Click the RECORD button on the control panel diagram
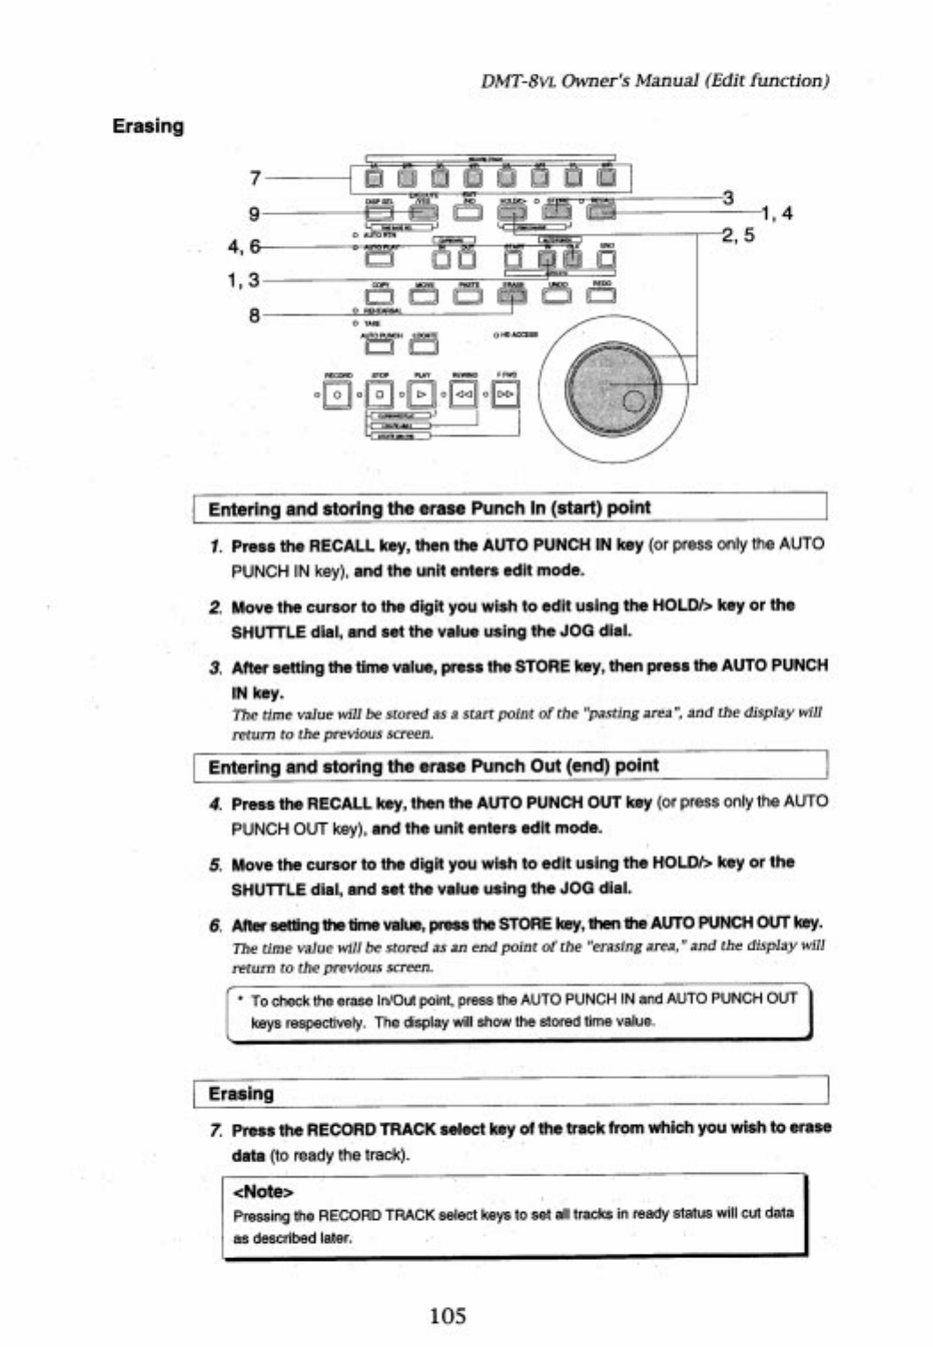coord(338,392)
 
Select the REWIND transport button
coord(463,392)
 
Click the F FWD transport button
coord(505,392)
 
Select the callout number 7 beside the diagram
coord(255,178)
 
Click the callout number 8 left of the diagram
coord(255,314)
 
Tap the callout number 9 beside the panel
coord(255,213)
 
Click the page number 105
coord(447,1315)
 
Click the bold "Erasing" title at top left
coord(148,126)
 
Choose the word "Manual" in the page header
coord(660,81)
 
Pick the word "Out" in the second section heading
coord(558,766)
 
